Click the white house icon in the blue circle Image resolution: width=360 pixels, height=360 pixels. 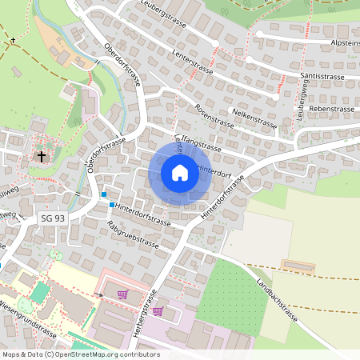pyautogui.click(x=179, y=173)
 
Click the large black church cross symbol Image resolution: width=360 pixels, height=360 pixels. pyautogui.click(x=42, y=156)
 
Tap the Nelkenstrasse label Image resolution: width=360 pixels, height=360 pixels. pyautogui.click(x=254, y=119)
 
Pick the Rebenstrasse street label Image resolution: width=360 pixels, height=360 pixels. pyautogui.click(x=331, y=107)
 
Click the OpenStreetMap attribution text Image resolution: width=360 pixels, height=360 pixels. pyautogui.click(x=81, y=354)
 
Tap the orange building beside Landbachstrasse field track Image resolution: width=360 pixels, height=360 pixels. pyautogui.click(x=298, y=266)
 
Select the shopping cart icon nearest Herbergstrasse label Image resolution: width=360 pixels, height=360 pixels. pyautogui.click(x=158, y=311)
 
